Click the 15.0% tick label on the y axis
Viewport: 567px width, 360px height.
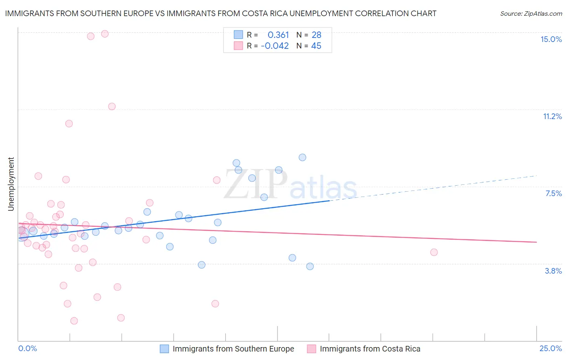(x=551, y=39)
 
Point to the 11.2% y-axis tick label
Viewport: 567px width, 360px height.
(x=552, y=116)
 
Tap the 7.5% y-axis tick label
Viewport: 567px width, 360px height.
(x=553, y=193)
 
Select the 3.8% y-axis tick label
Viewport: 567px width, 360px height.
(x=553, y=271)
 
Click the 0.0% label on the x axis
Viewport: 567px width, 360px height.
(x=27, y=348)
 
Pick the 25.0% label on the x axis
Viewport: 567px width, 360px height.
(x=550, y=348)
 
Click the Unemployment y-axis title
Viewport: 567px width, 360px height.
(x=11, y=184)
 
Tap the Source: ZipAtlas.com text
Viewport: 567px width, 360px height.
(x=531, y=14)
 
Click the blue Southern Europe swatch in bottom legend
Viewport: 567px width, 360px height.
(x=164, y=349)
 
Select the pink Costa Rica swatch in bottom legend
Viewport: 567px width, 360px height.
(x=311, y=349)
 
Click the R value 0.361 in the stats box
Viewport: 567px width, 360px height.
(x=278, y=35)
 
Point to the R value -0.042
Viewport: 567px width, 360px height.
(x=275, y=46)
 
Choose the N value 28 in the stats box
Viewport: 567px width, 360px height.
(x=316, y=35)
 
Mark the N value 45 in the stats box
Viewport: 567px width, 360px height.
(x=316, y=46)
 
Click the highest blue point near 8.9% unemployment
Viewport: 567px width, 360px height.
(x=302, y=157)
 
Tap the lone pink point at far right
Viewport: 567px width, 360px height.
(x=434, y=252)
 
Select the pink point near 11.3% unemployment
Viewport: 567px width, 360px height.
(x=112, y=107)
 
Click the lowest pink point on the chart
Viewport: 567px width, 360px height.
(x=74, y=321)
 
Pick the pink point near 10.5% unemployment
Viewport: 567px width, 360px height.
(x=69, y=123)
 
